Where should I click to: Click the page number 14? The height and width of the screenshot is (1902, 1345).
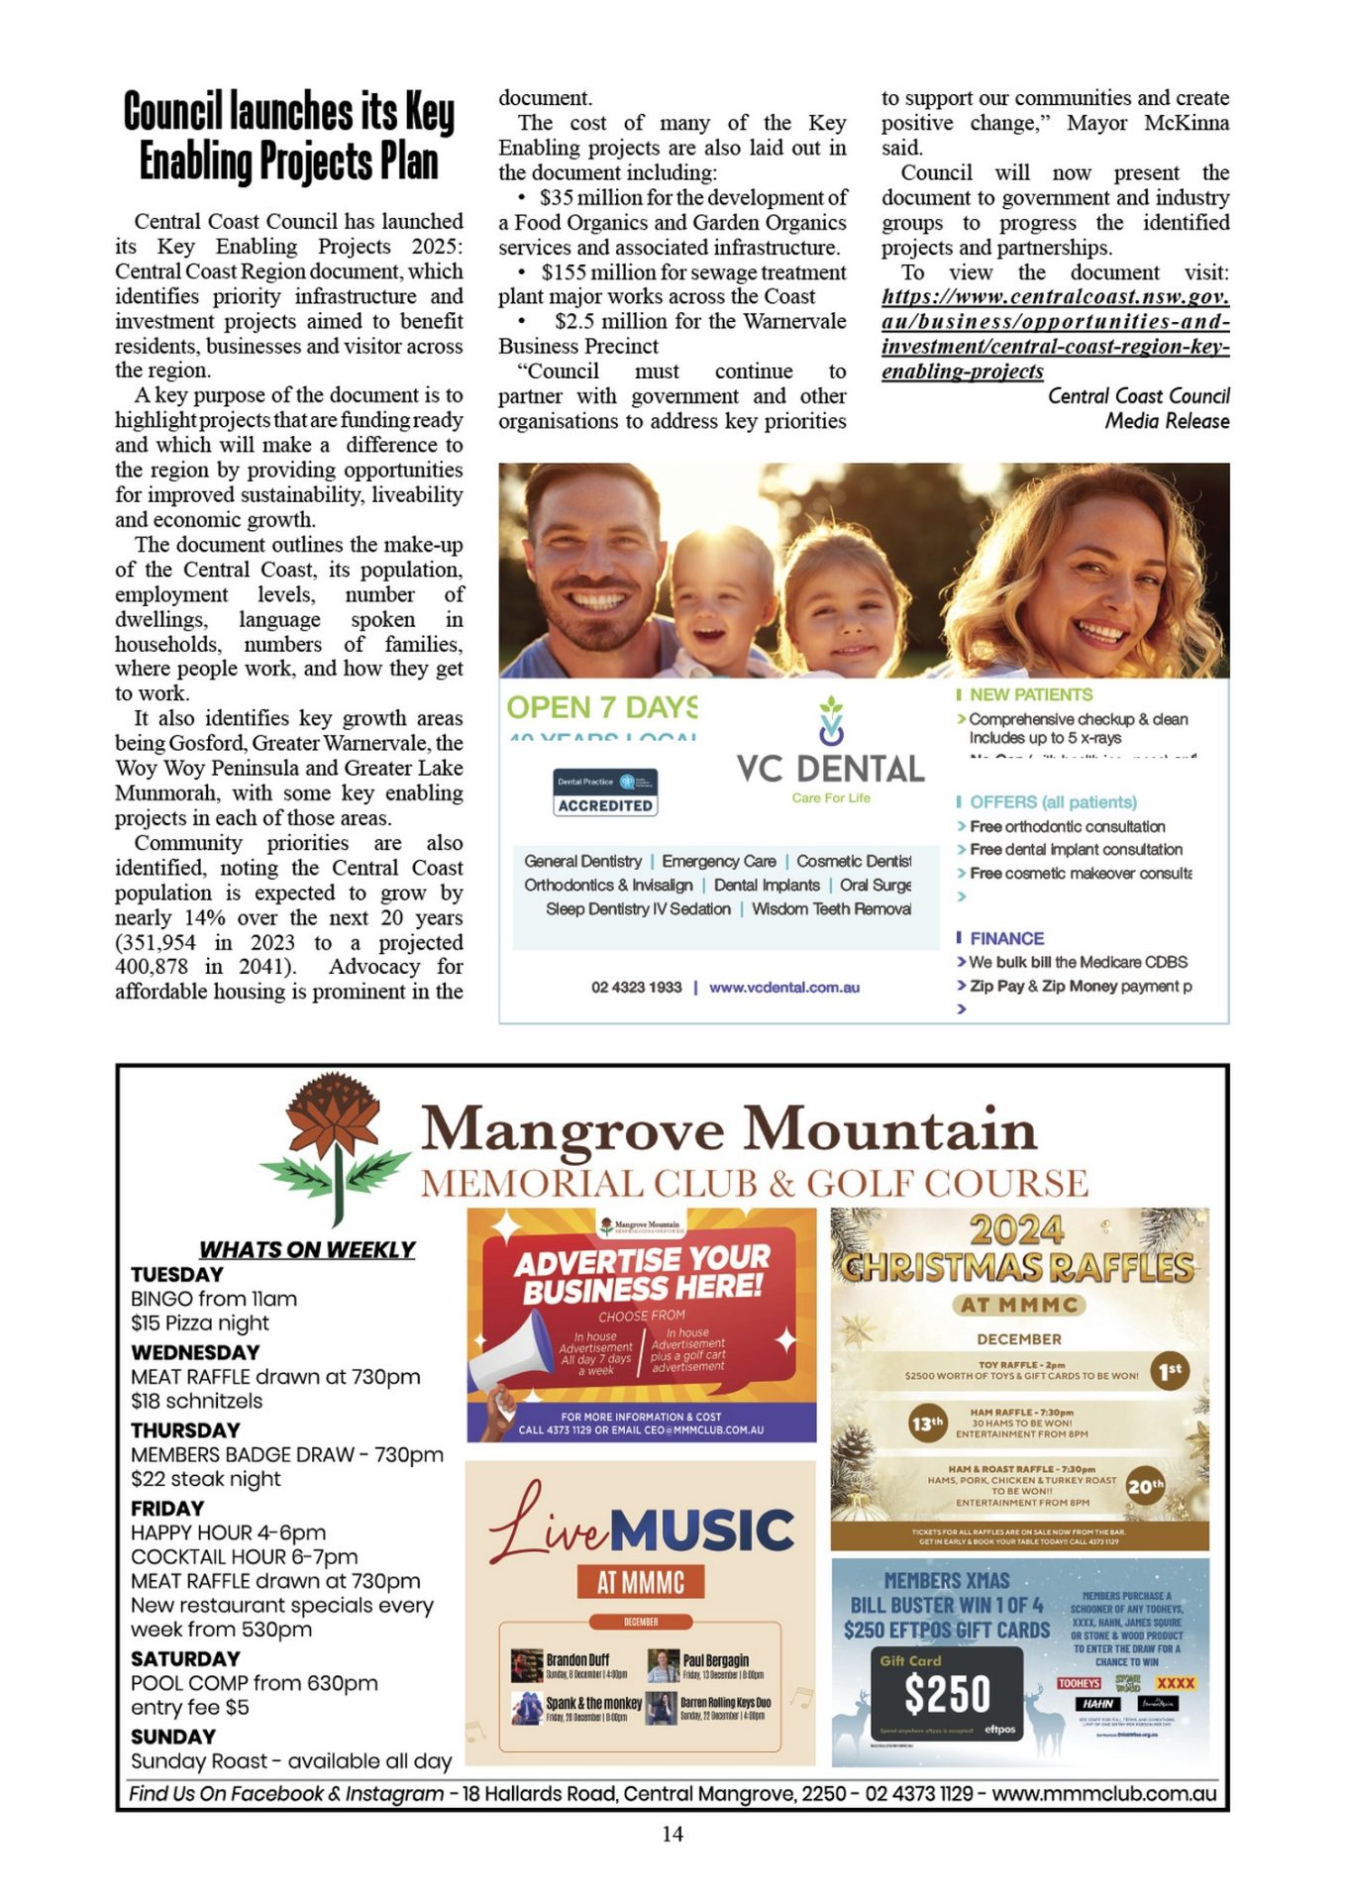point(672,1834)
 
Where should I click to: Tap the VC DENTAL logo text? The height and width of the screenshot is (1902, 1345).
point(830,769)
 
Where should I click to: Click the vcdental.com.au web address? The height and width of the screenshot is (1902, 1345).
point(784,988)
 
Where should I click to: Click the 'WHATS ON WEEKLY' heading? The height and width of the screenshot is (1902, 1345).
point(307,1249)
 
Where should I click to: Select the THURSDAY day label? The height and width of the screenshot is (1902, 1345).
point(185,1430)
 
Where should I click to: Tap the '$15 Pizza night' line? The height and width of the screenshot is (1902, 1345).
point(200,1323)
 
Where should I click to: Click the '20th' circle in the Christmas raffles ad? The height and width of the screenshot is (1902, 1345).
point(1145,1486)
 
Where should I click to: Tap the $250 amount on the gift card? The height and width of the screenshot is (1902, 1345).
point(947,1694)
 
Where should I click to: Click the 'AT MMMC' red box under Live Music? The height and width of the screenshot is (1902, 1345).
point(641,1582)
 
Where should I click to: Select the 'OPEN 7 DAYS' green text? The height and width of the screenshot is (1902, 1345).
point(602,707)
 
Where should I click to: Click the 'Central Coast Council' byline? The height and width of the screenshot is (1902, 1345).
point(1138,396)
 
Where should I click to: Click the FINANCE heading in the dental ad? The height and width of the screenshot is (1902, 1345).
point(1006,938)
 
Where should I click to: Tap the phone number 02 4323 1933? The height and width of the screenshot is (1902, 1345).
point(637,988)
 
